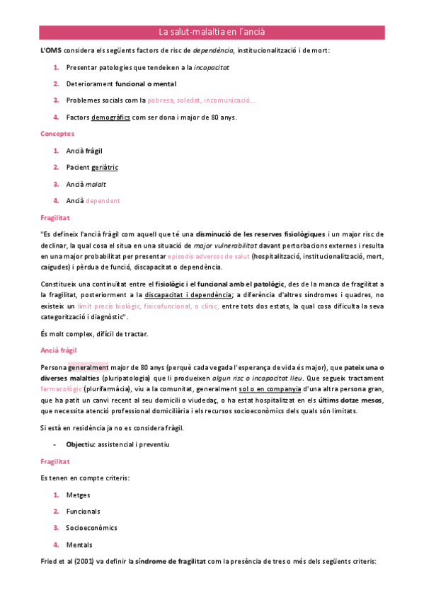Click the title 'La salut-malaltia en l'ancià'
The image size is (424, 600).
coord(212,33)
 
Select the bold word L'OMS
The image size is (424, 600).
coord(51,51)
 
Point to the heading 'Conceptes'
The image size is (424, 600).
coord(57,134)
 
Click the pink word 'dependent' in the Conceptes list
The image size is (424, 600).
coord(103,200)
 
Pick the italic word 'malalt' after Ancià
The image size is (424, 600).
coord(97,184)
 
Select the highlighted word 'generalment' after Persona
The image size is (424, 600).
coord(88,367)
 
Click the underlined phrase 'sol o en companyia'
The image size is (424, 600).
coord(268,389)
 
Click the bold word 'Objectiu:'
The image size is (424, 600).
coord(81,444)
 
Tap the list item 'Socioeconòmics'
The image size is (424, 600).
coord(91,528)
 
